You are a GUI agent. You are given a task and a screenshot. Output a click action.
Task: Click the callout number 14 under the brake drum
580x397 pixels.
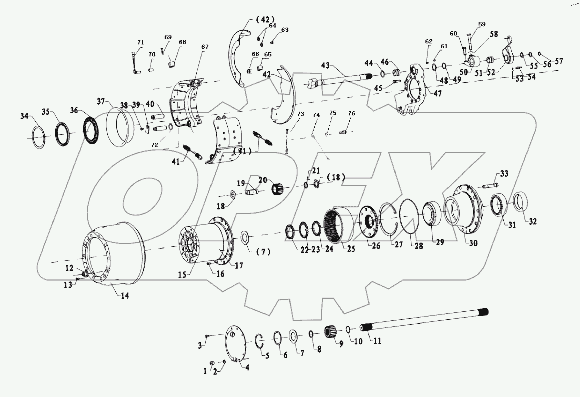point(125,295)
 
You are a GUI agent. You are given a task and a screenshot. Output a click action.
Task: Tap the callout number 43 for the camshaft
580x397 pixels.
point(325,66)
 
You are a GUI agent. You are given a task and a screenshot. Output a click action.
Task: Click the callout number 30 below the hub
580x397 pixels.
point(473,243)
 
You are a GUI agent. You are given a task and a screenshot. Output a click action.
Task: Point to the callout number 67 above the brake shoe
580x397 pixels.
point(205,47)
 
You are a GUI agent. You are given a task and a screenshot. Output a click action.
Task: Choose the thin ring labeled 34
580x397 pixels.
point(39,137)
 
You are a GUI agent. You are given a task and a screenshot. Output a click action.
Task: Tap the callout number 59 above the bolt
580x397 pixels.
point(482,24)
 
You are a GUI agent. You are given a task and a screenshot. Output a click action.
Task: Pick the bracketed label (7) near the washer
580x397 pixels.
point(263,252)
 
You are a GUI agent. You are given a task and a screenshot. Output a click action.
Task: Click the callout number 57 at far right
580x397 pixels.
point(559,61)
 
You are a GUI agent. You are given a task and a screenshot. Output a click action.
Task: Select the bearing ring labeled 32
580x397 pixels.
point(520,201)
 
